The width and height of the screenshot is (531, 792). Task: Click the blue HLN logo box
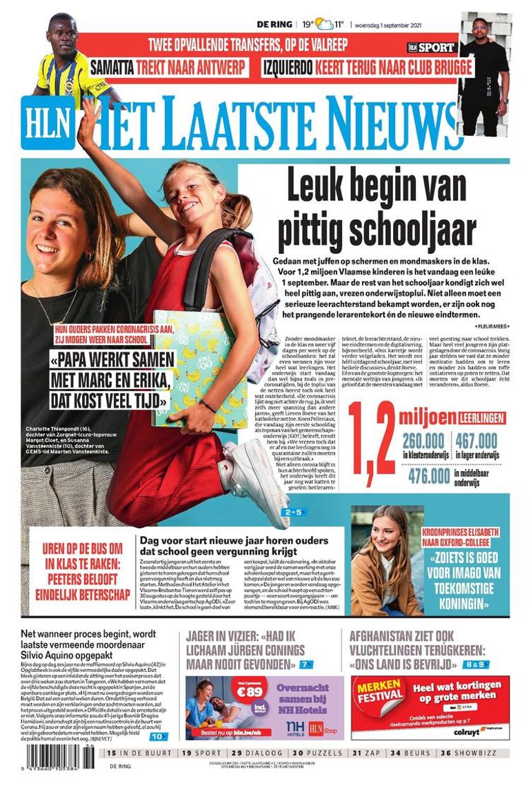tap(56, 120)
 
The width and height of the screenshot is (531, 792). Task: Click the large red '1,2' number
tap(372, 442)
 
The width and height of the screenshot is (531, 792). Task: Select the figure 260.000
tap(423, 440)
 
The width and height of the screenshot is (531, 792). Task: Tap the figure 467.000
tap(476, 440)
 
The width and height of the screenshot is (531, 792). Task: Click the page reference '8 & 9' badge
tap(475, 664)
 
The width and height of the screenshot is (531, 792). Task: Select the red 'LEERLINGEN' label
tap(481, 417)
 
